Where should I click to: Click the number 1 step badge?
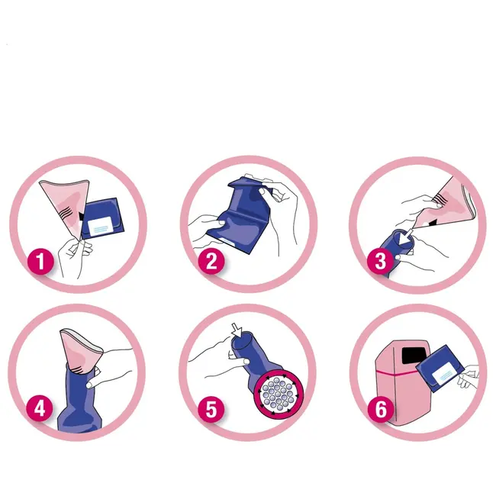point(40,261)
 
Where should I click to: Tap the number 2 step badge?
point(211,261)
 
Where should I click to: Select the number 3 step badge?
point(381,261)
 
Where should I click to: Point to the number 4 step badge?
point(40,408)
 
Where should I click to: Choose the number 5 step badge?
point(211,408)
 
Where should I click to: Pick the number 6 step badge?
point(381,408)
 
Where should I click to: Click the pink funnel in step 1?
point(66,205)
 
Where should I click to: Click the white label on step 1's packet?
point(100,226)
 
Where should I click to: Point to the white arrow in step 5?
point(237,330)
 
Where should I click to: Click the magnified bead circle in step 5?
point(279,394)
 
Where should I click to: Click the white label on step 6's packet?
point(443,373)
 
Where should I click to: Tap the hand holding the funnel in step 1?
point(74,256)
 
